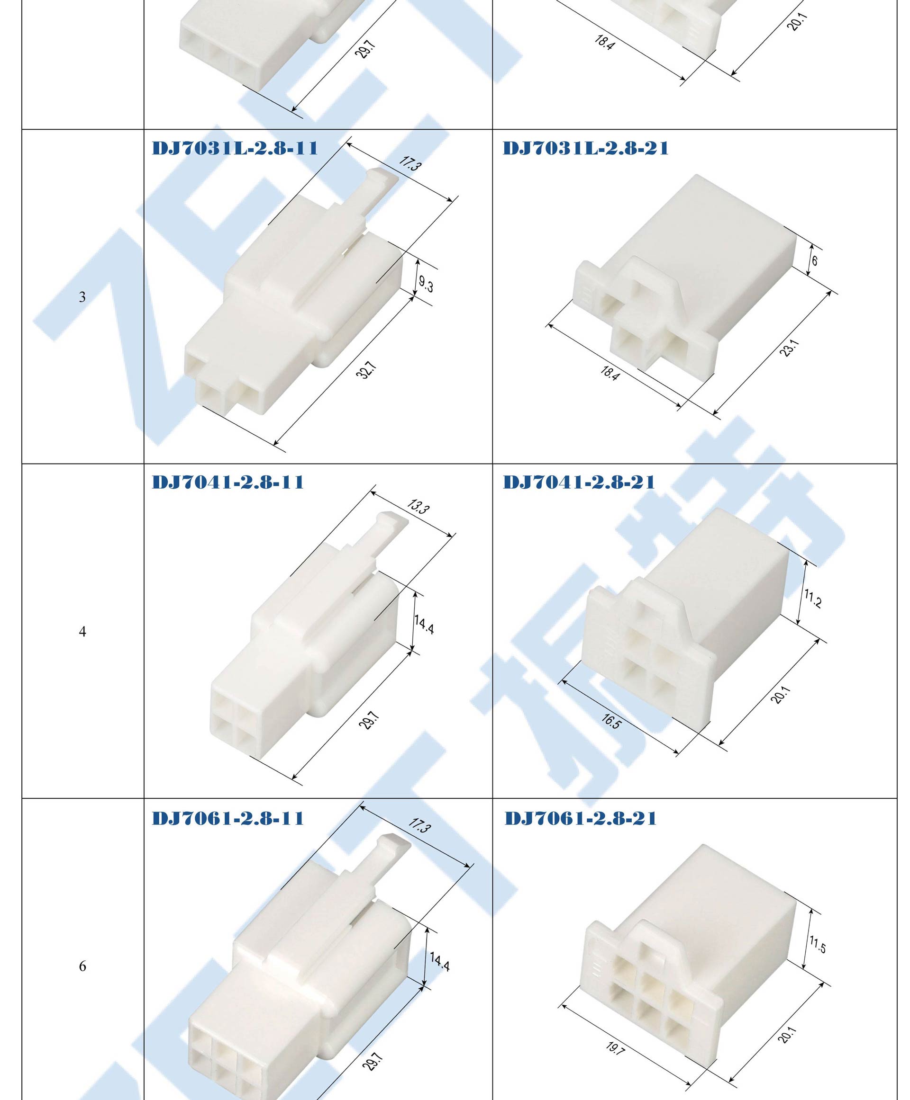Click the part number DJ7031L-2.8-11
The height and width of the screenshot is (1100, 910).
click(x=235, y=148)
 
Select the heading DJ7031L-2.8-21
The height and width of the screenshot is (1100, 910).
click(x=585, y=148)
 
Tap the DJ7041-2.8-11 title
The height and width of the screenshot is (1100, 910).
click(x=228, y=482)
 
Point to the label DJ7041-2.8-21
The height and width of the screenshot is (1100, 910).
click(x=579, y=482)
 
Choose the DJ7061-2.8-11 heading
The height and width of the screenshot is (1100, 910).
click(x=228, y=818)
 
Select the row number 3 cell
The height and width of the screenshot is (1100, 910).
click(x=82, y=297)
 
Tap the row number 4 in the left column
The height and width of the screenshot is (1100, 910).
click(x=82, y=631)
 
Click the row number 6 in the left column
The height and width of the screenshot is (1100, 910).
click(x=82, y=966)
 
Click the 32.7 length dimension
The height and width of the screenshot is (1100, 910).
click(x=366, y=370)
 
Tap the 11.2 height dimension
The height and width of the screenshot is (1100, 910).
click(x=813, y=598)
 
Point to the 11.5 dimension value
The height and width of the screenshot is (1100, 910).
click(x=817, y=944)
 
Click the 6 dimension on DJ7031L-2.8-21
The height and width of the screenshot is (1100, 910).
click(x=815, y=260)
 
